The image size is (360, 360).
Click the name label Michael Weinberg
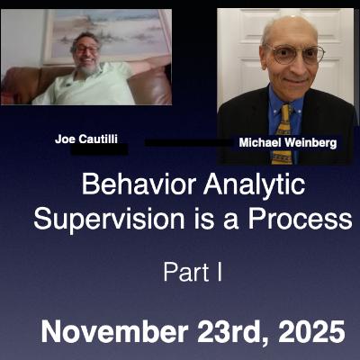[286, 143]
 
